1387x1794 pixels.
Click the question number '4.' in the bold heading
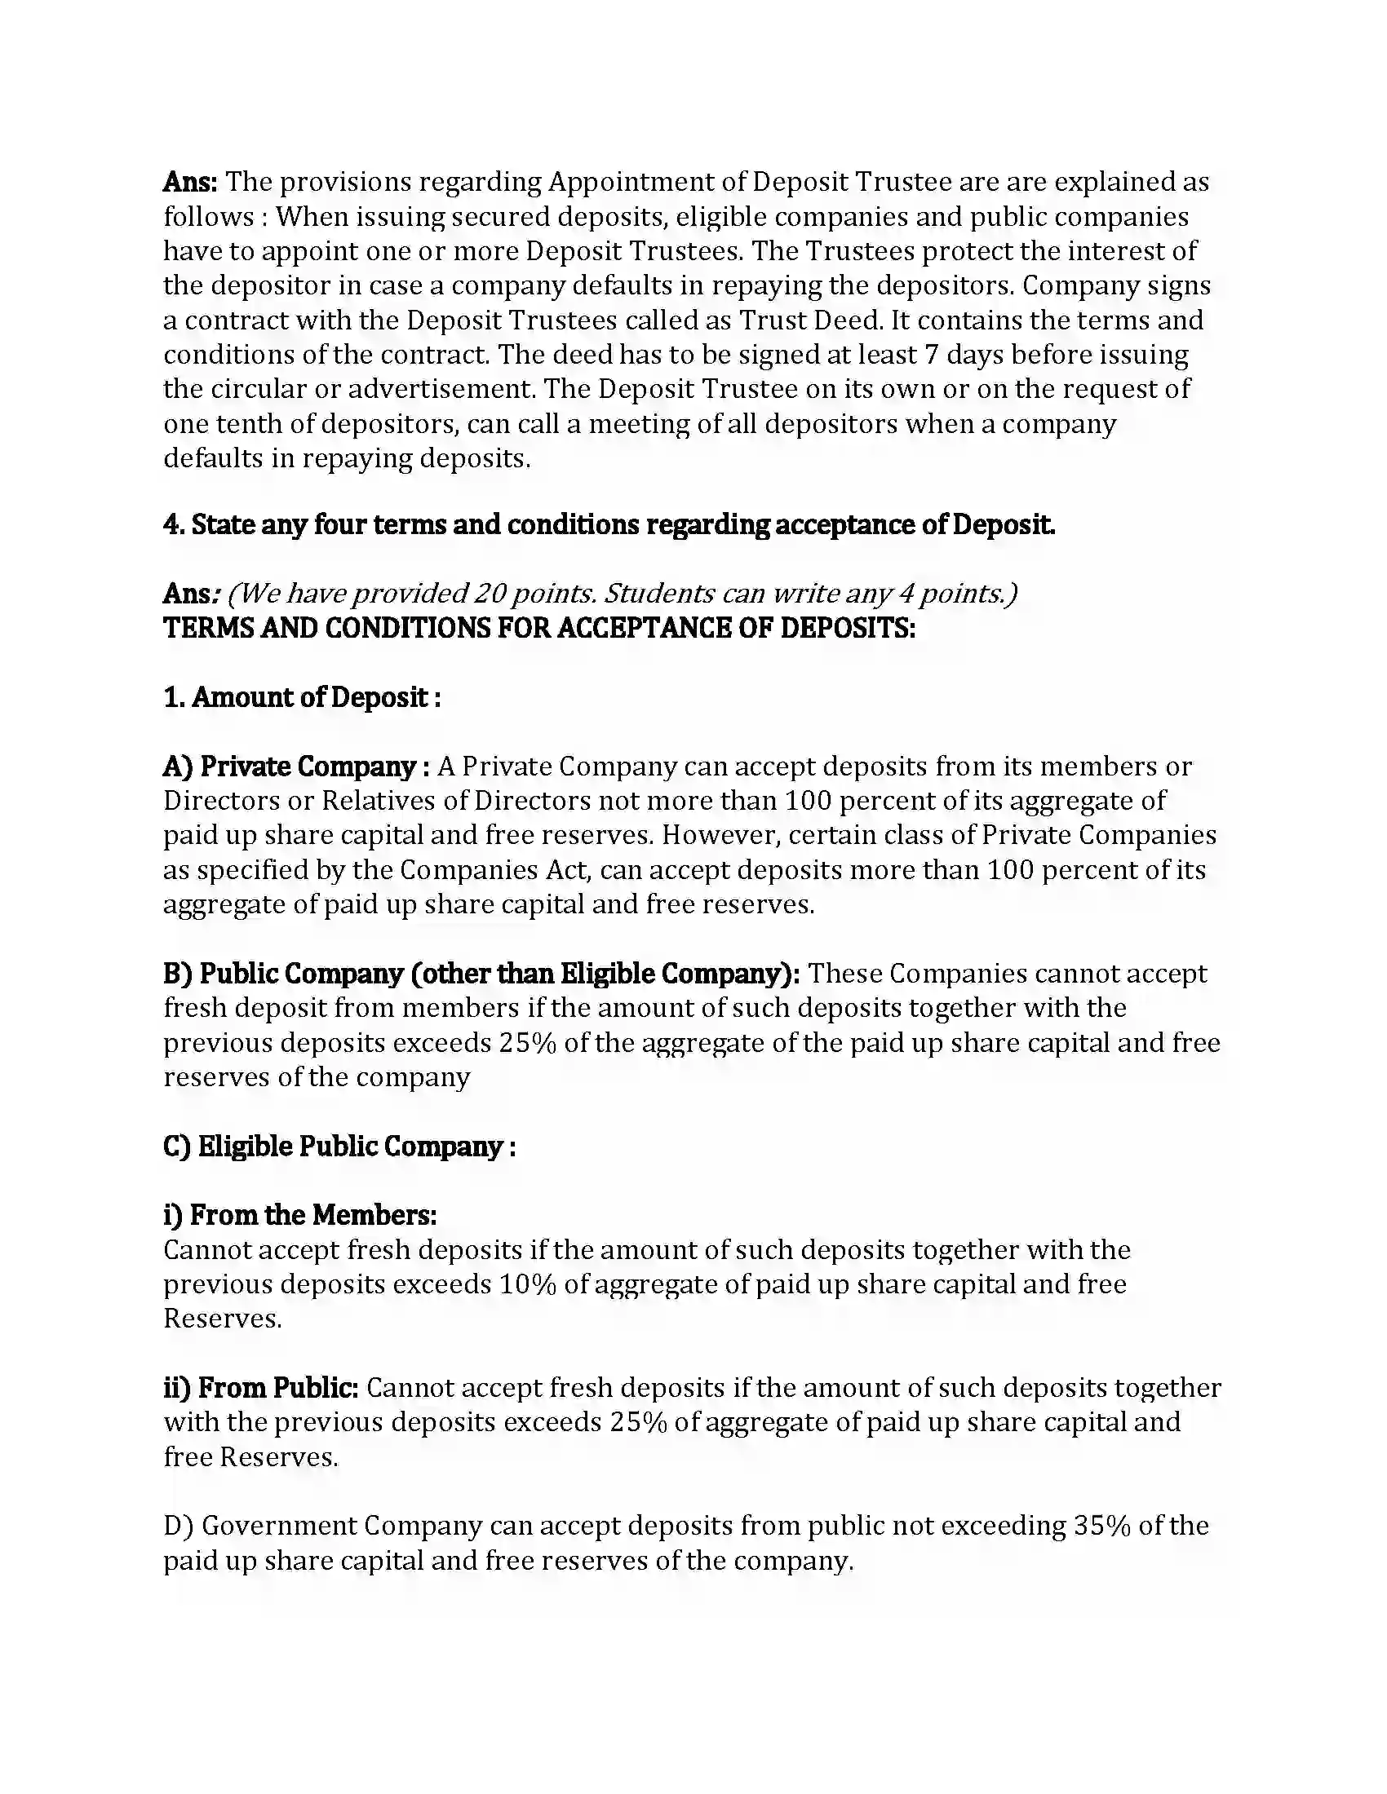pyautogui.click(x=175, y=525)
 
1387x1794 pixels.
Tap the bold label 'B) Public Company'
pyautogui.click(x=282, y=974)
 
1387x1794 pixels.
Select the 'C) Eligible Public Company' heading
pyautogui.click(x=339, y=1147)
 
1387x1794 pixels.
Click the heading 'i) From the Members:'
pyautogui.click(x=299, y=1215)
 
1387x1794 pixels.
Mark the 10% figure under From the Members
pyautogui.click(x=528, y=1284)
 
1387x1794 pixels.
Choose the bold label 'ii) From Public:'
pyautogui.click(x=260, y=1388)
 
